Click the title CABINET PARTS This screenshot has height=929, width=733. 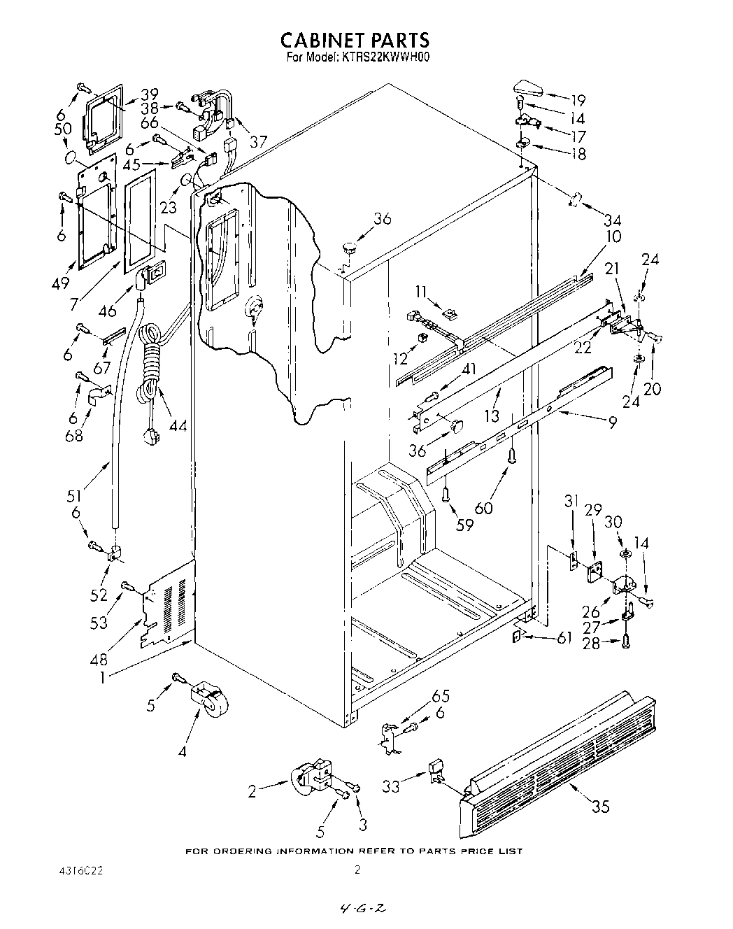pos(355,40)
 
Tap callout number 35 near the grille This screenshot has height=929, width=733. pos(601,807)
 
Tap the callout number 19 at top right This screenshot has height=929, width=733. pos(578,100)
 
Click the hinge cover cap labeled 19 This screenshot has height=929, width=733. pos(527,90)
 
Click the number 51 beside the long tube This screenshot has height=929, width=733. pos(74,496)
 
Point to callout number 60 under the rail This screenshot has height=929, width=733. pos(484,508)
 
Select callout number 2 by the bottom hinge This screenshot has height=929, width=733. pos(252,792)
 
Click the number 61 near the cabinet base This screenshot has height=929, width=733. pos(564,637)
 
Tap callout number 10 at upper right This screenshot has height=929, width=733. pos(613,236)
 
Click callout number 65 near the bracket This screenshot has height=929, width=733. pos(441,696)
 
